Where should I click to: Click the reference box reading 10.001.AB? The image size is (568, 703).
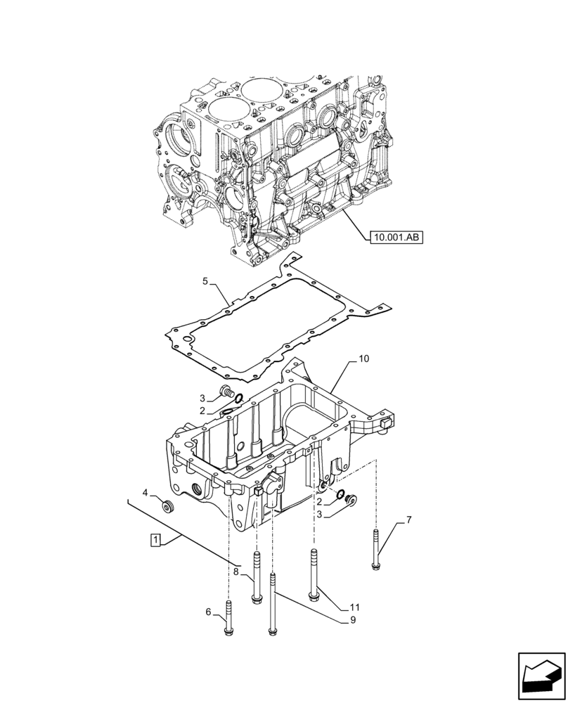click(394, 238)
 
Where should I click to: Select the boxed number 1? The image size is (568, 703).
click(156, 540)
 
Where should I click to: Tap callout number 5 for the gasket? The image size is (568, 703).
click(205, 281)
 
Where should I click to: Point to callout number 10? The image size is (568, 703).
click(363, 359)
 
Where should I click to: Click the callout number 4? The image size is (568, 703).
click(145, 493)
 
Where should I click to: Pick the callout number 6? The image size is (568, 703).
click(208, 612)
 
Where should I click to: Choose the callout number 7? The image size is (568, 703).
click(408, 520)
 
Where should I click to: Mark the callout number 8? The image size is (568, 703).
click(237, 573)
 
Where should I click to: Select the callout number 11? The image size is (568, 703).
click(354, 606)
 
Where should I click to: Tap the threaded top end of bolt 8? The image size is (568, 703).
click(257, 560)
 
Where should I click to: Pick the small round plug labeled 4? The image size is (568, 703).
click(167, 506)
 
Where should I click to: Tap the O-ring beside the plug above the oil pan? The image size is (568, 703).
click(238, 399)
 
